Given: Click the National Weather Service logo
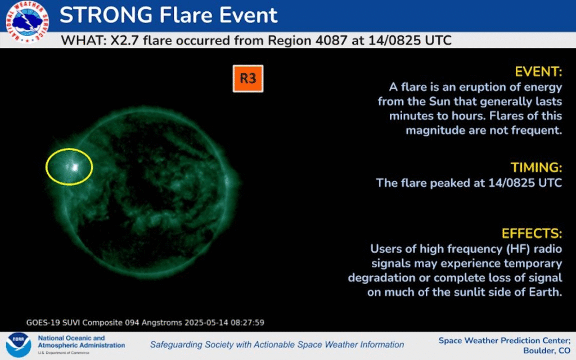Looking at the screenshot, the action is point(27,22).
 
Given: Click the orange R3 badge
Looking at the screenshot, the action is point(248,79).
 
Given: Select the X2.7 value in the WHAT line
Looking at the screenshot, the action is point(124,40).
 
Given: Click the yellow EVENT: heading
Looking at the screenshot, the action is point(538,71).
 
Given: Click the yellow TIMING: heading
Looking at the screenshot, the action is point(536,168).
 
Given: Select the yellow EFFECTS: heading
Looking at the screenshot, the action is point(532,233).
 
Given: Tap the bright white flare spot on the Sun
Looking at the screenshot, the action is point(75,168).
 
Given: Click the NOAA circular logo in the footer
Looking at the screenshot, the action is point(19,345).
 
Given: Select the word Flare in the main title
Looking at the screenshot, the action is point(186,15).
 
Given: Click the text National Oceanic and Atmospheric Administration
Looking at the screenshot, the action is point(81,341).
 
